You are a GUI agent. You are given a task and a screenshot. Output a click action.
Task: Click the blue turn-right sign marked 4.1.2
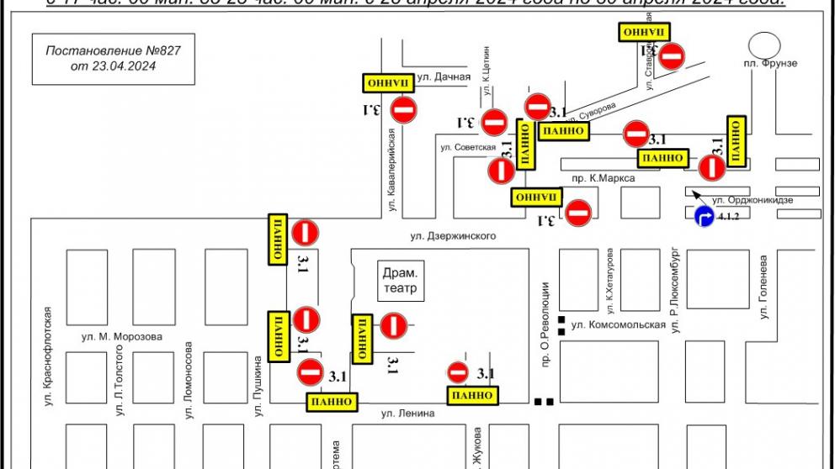click(x=703, y=218)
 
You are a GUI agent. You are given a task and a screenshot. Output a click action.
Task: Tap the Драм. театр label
click(x=400, y=281)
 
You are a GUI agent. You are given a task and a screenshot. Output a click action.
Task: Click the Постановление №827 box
click(x=114, y=58)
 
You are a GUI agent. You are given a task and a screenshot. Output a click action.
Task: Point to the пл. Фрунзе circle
click(x=765, y=45)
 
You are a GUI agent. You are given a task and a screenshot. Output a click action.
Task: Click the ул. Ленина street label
click(x=407, y=413)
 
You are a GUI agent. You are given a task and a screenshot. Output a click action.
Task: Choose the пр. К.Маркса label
click(x=603, y=178)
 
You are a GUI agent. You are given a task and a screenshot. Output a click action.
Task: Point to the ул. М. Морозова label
click(x=122, y=337)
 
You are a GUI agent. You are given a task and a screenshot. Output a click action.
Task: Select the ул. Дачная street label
click(x=444, y=77)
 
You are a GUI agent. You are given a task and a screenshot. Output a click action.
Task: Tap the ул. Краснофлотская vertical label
click(x=49, y=357)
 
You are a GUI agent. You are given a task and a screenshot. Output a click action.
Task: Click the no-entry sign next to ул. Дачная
click(x=405, y=109)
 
